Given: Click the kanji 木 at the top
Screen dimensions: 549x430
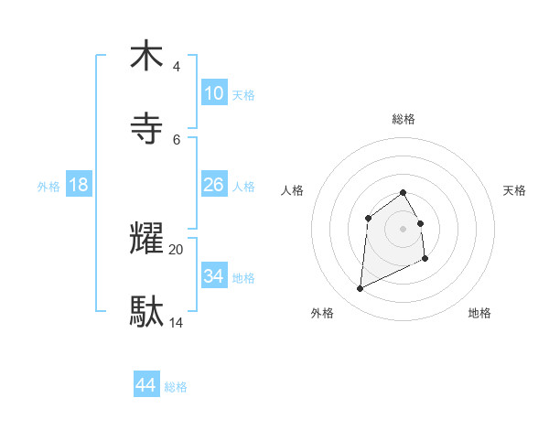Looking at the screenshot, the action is click(x=146, y=56).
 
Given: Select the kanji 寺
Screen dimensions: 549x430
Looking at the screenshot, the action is click(x=146, y=127).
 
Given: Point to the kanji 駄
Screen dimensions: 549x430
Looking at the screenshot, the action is click(x=146, y=311).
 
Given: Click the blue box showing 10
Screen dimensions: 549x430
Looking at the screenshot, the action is click(x=213, y=93).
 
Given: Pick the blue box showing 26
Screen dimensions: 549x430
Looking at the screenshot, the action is click(x=213, y=185).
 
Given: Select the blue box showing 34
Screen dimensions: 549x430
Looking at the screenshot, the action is click(x=213, y=275).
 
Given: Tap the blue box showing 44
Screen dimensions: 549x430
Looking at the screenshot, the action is click(x=145, y=385).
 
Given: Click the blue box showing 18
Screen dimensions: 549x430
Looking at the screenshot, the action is click(x=78, y=185).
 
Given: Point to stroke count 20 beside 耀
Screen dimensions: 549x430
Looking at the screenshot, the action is click(x=177, y=249).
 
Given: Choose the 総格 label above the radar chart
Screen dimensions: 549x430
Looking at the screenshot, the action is click(x=404, y=119).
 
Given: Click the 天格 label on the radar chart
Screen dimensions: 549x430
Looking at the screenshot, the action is click(x=515, y=190).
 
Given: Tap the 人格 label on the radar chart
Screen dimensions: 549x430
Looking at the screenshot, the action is click(x=292, y=190).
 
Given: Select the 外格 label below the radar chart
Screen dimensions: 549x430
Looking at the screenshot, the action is click(x=322, y=313).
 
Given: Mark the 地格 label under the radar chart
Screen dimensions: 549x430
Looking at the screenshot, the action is click(x=479, y=313).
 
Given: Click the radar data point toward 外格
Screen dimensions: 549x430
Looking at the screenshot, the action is click(x=361, y=289).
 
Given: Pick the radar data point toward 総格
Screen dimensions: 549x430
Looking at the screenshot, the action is click(x=404, y=192).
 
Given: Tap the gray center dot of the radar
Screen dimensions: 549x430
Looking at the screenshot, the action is click(x=404, y=229).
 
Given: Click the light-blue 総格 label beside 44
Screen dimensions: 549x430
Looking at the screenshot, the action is click(x=176, y=387).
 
